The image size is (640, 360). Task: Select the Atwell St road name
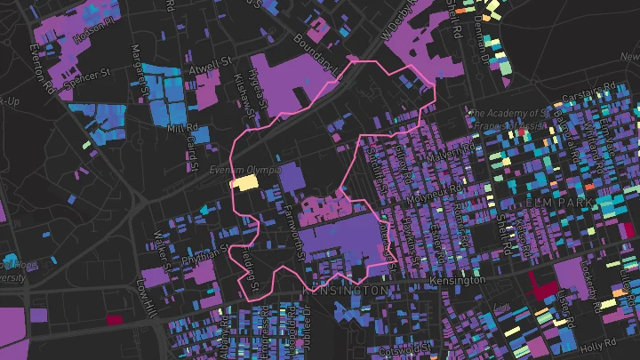pyautogui.click(x=210, y=66)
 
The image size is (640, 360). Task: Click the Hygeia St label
pyautogui.click(x=258, y=90)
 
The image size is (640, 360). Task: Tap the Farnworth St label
pyautogui.click(x=294, y=233)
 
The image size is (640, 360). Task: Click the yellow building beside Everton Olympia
pyautogui.click(x=244, y=182)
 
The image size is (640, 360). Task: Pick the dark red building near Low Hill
pyautogui.click(x=113, y=319)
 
